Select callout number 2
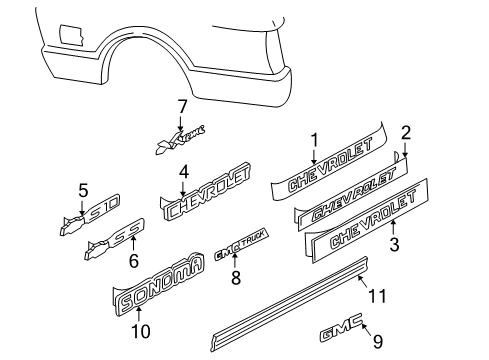tap(406, 133)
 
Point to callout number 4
tap(183, 171)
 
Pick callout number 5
tap(84, 188)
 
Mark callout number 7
tap(182, 106)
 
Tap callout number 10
tap(138, 329)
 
